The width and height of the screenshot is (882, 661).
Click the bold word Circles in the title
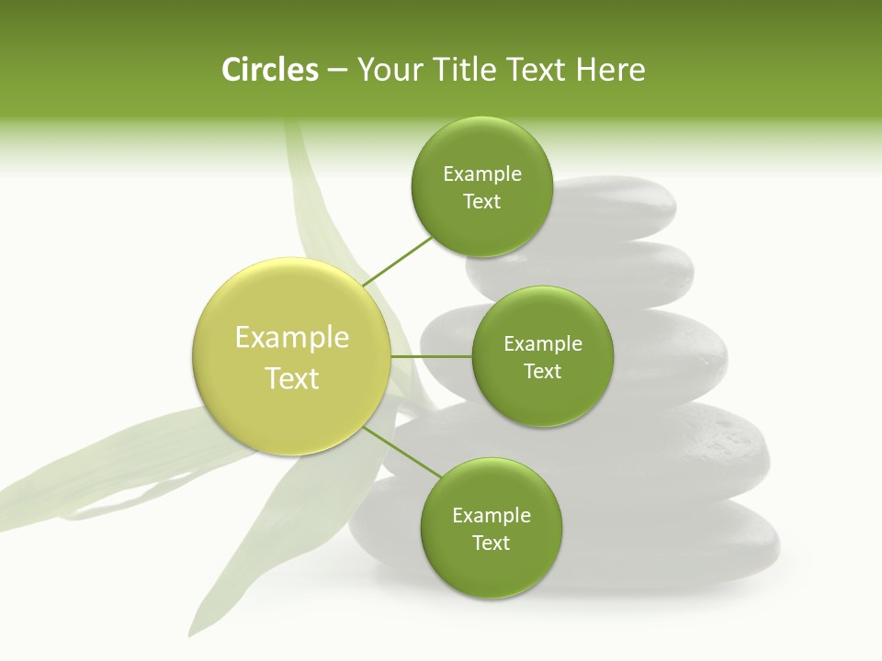coord(269,70)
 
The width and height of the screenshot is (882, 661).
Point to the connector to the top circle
coord(397,261)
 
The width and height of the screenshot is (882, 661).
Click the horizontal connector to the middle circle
coord(431,356)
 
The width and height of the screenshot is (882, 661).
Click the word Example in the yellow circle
coord(292,338)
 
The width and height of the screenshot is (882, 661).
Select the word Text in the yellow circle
coord(292,378)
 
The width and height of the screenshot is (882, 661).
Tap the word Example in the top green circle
coord(481,174)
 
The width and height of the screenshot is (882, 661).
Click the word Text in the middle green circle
coord(542,371)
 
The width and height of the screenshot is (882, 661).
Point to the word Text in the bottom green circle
coord(491,543)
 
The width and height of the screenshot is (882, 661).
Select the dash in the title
coord(337,70)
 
